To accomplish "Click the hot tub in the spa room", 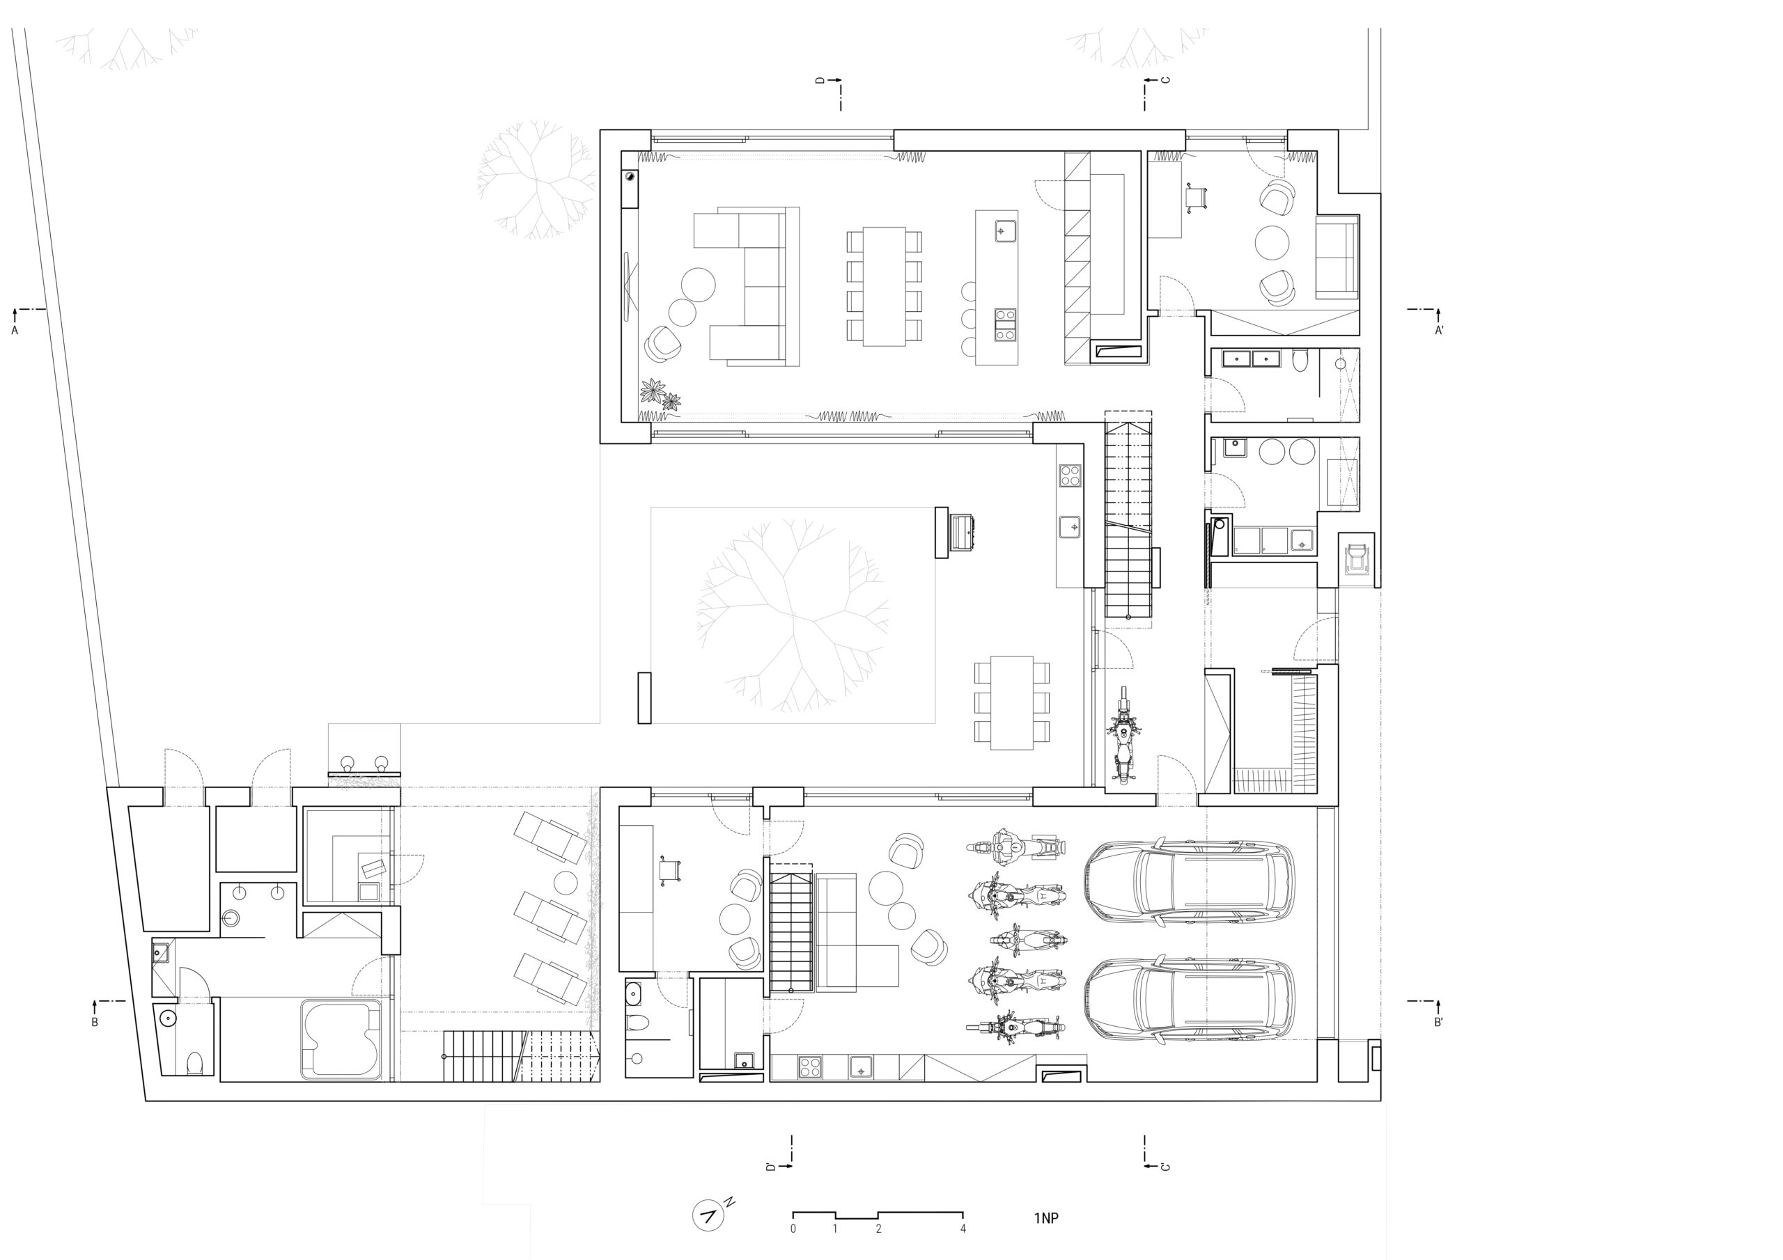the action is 342,1039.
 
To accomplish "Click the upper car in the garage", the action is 1189,883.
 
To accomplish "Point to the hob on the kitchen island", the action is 1005,324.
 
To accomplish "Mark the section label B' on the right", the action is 1438,1023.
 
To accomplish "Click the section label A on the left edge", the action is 14,330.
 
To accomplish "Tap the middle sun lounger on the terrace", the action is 551,917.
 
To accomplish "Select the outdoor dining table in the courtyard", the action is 1012,702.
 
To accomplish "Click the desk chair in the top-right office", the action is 1197,198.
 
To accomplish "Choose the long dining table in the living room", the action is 884,287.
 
